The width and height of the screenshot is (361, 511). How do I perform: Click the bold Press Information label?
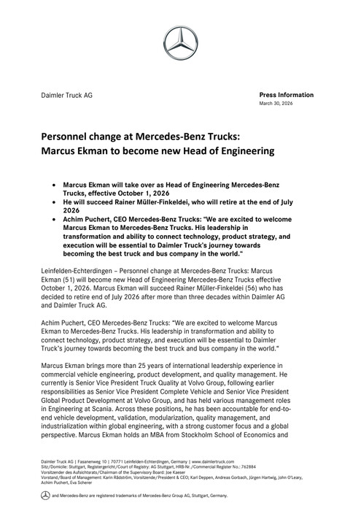(287, 95)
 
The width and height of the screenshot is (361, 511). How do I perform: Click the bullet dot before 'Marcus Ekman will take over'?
(56, 186)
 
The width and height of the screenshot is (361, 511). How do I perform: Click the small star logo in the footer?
(45, 495)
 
